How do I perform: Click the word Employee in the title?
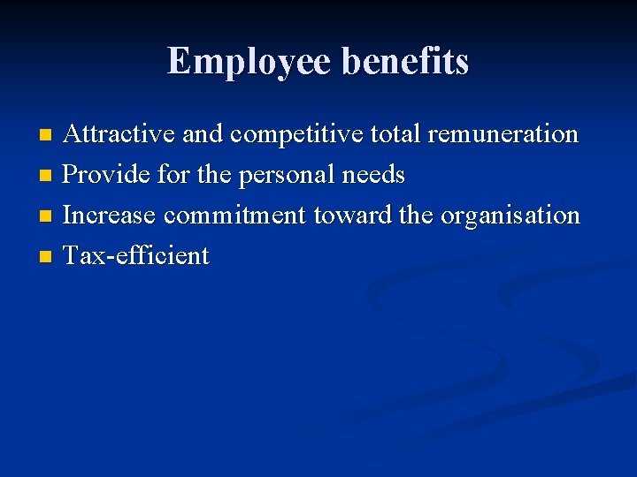(249, 62)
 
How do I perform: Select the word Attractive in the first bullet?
(120, 135)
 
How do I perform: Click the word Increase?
(111, 216)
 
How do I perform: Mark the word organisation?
(510, 216)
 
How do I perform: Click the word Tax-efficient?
(136, 256)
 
